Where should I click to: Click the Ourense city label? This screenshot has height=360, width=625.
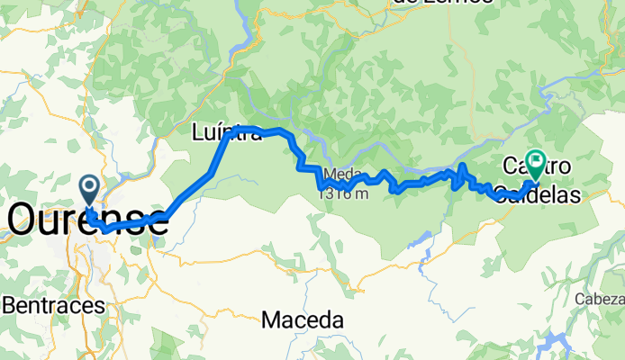coord(87,220)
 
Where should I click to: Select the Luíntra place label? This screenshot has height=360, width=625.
coord(226,134)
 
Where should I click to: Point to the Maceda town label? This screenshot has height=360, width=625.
coord(303,319)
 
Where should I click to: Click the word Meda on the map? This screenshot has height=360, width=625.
coord(339,174)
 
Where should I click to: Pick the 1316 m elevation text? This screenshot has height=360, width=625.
coord(342,192)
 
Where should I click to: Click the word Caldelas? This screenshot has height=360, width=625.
coord(538,193)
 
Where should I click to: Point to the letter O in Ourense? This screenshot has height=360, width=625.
coord(25,220)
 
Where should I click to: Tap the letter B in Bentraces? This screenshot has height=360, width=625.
coord(9,305)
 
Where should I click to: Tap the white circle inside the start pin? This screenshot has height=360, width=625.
coord(90,186)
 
